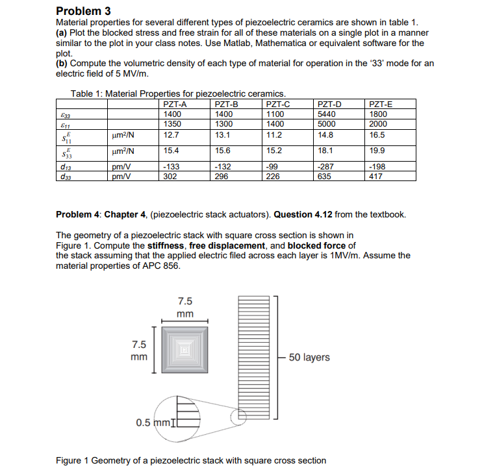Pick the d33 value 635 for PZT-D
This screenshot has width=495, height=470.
(323, 175)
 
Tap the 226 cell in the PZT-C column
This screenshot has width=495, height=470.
(272, 175)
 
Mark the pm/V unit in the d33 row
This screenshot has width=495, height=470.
(119, 175)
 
